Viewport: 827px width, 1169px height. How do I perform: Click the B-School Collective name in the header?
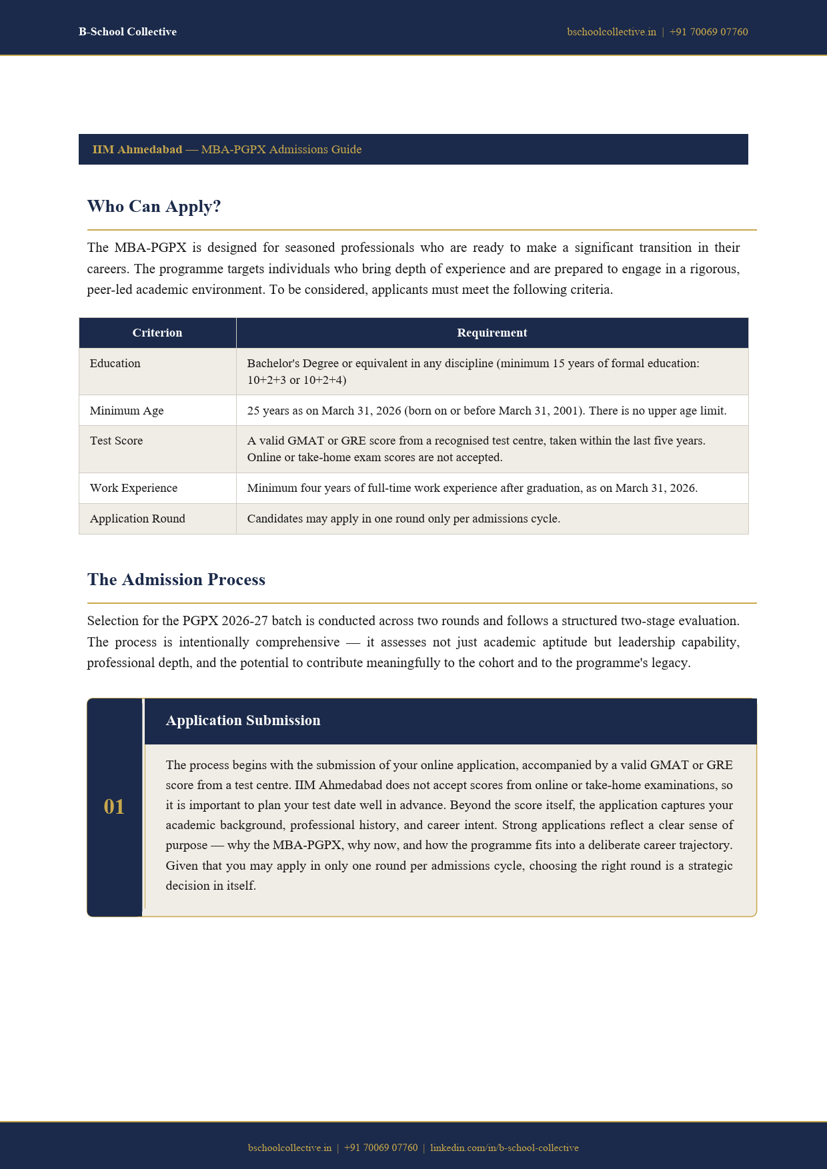tap(127, 32)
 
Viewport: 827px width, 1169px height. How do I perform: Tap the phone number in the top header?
tap(708, 32)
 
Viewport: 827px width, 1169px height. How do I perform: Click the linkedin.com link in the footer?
tap(504, 1148)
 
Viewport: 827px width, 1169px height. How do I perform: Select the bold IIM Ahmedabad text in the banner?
tap(137, 149)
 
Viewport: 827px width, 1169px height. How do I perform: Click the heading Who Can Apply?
tap(154, 207)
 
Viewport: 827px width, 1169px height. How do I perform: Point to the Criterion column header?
tap(157, 333)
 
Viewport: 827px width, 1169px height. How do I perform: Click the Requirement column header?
tap(492, 333)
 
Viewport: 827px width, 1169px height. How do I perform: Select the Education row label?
tap(115, 363)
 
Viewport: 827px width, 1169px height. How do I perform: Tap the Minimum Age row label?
tap(127, 411)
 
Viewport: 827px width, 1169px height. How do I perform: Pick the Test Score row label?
tap(117, 441)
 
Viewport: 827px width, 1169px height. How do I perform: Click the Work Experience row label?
tap(134, 488)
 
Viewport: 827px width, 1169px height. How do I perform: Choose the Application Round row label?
tap(137, 519)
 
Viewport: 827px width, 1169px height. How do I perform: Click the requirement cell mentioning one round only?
tap(403, 519)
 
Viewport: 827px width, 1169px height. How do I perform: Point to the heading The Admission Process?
tap(176, 580)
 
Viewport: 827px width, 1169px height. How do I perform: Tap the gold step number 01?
tap(114, 807)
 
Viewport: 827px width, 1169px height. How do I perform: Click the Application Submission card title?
tap(243, 720)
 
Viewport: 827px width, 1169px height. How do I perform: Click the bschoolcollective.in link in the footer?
tap(289, 1148)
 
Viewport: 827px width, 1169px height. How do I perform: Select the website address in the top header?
tap(612, 32)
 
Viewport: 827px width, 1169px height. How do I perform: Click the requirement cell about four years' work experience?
tap(472, 488)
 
